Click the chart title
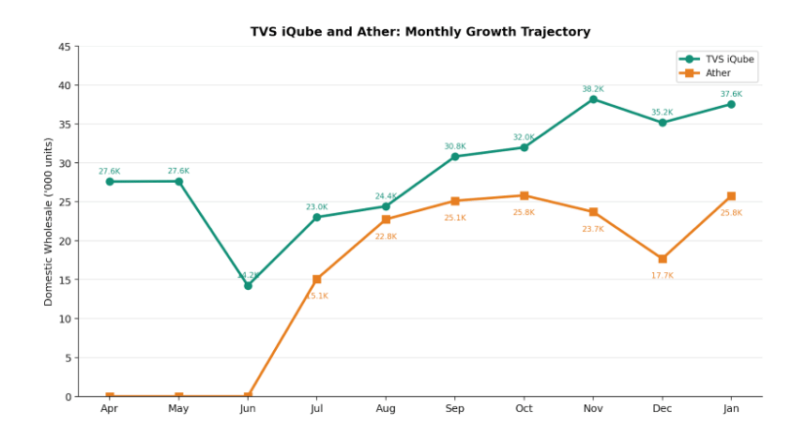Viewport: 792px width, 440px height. pyautogui.click(x=419, y=32)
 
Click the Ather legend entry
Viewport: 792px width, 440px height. pyautogui.click(x=718, y=73)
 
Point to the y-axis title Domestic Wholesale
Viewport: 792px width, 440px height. pyautogui.click(x=49, y=221)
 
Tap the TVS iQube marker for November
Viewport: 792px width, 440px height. pyautogui.click(x=593, y=99)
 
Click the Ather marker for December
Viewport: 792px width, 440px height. pyautogui.click(x=663, y=259)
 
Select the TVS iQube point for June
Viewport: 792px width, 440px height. pyautogui.click(x=248, y=286)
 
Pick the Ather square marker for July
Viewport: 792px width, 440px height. pyautogui.click(x=317, y=280)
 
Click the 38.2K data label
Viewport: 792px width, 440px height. pyautogui.click(x=593, y=89)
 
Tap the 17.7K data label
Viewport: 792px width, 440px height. pyautogui.click(x=663, y=276)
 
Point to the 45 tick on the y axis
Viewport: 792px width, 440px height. pyautogui.click(x=64, y=47)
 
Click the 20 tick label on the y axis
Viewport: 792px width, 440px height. pyautogui.click(x=64, y=241)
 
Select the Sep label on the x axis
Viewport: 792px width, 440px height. pyautogui.click(x=455, y=409)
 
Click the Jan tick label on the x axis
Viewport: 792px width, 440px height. pyautogui.click(x=731, y=409)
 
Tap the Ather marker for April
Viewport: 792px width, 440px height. pyautogui.click(x=110, y=397)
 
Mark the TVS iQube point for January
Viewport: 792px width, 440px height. pyautogui.click(x=731, y=104)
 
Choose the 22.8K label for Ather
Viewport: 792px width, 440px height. pyautogui.click(x=386, y=236)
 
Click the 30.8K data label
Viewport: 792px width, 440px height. pyautogui.click(x=455, y=146)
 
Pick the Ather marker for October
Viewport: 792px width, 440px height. pyautogui.click(x=524, y=196)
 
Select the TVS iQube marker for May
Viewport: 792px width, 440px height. pyautogui.click(x=178, y=182)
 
